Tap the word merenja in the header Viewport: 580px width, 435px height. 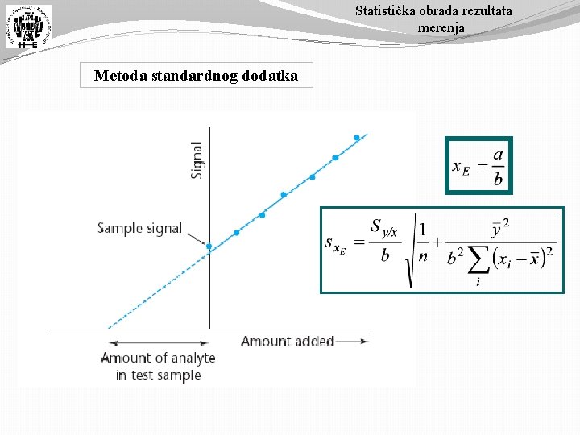pyautogui.click(x=441, y=28)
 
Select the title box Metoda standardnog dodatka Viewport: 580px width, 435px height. pyautogui.click(x=196, y=77)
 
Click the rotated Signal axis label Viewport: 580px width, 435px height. pyautogui.click(x=197, y=160)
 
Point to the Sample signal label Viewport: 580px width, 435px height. pyautogui.click(x=140, y=228)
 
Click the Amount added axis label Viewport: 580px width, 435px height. pyautogui.click(x=288, y=342)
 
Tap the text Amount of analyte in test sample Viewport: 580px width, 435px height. pyautogui.click(x=158, y=367)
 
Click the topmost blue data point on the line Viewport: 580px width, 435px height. pyautogui.click(x=357, y=138)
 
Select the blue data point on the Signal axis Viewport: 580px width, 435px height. pyautogui.click(x=209, y=246)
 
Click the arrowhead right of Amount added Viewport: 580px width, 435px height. pyautogui.click(x=365, y=342)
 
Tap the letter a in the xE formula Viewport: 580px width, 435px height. pyautogui.click(x=498, y=154)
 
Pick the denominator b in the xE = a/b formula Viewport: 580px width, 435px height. pyautogui.click(x=498, y=179)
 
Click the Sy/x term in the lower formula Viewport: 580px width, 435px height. pyautogui.click(x=383, y=228)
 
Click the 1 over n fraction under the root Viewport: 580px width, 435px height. pyautogui.click(x=423, y=242)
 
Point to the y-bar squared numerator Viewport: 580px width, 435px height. pyautogui.click(x=500, y=229)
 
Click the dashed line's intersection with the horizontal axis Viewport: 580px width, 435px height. pyautogui.click(x=107, y=329)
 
